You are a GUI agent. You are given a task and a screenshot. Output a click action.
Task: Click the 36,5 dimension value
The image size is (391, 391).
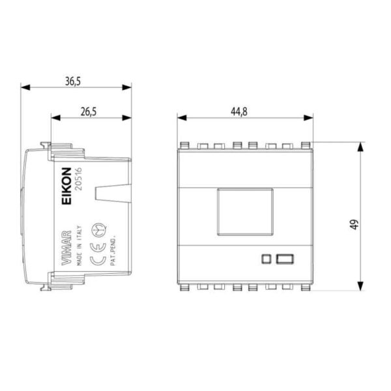[73, 81]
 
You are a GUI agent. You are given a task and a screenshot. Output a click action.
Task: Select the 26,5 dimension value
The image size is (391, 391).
[89, 111]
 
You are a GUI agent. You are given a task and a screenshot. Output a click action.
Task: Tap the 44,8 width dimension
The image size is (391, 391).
[239, 111]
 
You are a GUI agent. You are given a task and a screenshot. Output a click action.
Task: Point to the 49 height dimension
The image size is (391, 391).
[354, 224]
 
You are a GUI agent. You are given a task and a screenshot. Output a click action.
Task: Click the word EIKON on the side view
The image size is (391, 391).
[66, 186]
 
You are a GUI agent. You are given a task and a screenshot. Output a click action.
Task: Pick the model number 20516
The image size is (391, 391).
[79, 179]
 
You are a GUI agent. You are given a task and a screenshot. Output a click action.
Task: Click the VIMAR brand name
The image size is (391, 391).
[66, 248]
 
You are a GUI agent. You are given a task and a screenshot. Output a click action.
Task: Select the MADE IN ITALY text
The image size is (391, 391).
[79, 246]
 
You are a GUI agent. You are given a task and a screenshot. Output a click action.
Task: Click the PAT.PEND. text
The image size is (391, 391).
[113, 250]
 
